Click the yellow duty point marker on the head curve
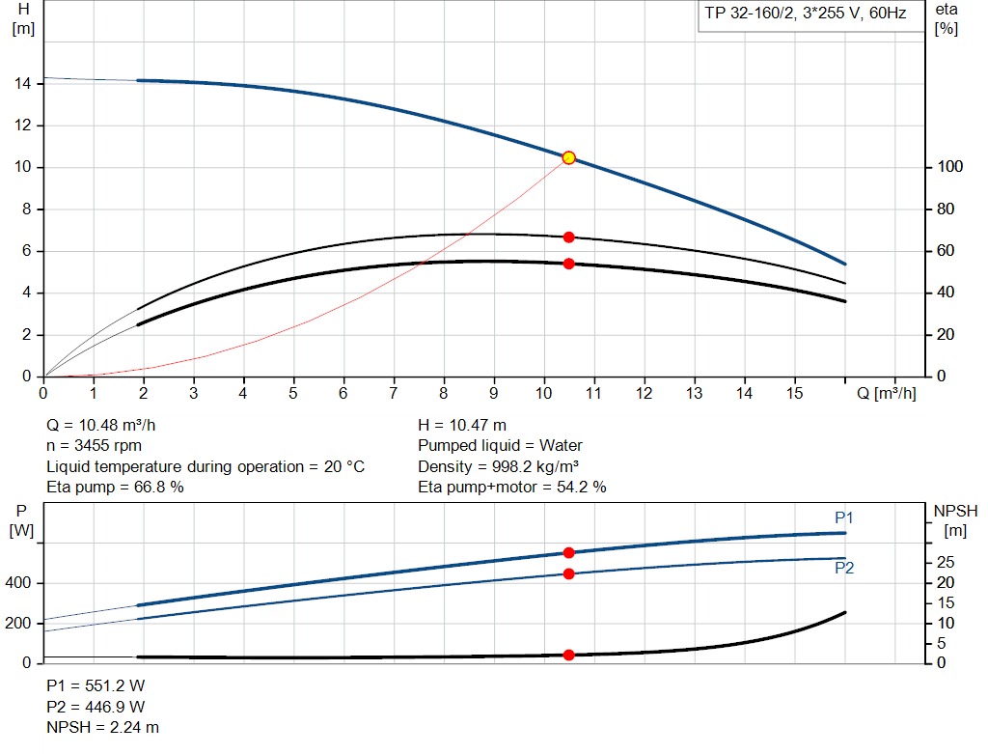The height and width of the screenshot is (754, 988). [568, 157]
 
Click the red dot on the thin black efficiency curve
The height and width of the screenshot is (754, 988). [568, 237]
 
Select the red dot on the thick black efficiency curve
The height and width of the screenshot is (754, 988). [568, 264]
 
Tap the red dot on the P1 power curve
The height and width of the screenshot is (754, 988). [568, 552]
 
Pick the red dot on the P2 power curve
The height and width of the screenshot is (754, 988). [568, 573]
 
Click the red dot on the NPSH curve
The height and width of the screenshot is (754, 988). [568, 655]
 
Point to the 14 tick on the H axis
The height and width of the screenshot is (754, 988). [24, 84]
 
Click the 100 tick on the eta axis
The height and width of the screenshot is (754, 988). [950, 167]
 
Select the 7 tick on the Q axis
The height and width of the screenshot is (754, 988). [394, 393]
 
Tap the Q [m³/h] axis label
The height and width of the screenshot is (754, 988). [886, 393]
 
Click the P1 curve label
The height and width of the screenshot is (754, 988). [843, 518]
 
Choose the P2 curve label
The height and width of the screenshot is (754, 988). [843, 568]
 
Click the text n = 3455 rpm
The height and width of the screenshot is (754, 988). [94, 445]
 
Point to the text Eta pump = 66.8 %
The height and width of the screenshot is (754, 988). [115, 488]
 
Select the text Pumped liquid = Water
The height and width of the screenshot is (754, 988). [500, 445]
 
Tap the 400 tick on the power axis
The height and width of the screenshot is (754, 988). [21, 583]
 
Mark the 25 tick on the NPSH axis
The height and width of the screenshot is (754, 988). [947, 562]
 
